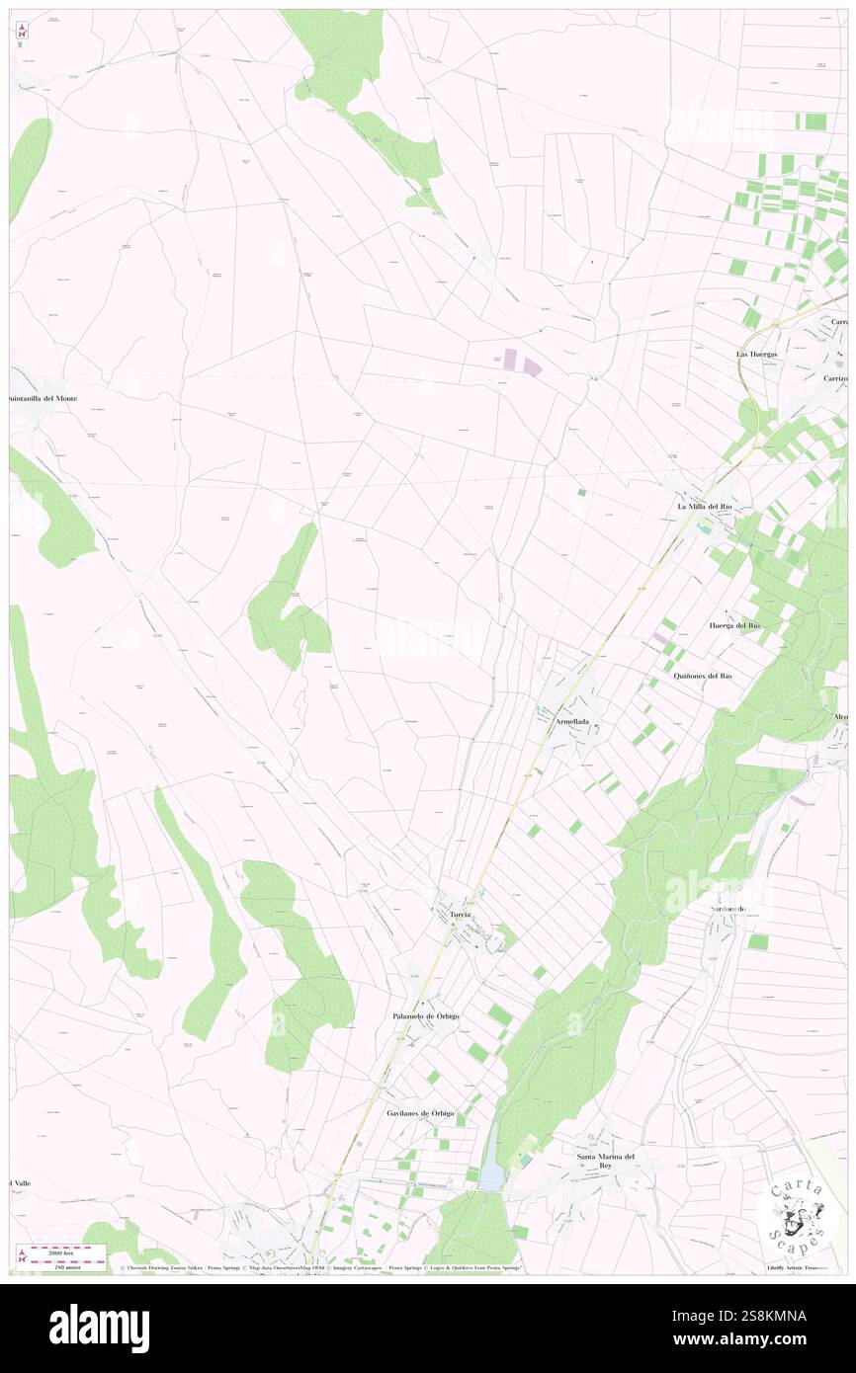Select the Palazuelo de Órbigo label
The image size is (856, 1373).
pos(423,1015)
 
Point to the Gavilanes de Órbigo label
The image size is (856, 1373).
pos(420,1113)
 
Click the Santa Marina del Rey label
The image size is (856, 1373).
pos(605,1161)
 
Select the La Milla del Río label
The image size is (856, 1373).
pos(704,507)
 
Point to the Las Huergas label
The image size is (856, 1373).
pos(756,354)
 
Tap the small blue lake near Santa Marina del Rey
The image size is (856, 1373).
pos(491,1175)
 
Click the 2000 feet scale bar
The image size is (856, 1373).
pos(67,1249)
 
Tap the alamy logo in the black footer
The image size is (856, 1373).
pos(99,1327)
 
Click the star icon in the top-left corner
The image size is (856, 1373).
pos(22,31)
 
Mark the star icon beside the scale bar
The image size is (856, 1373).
pos(22,1255)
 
